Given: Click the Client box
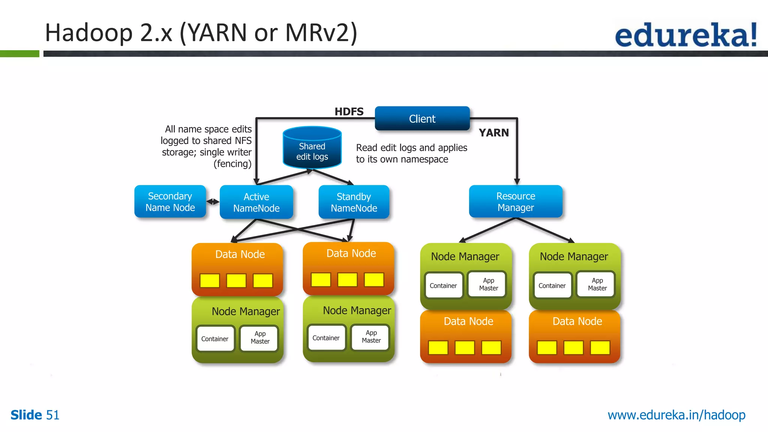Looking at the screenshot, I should pyautogui.click(x=422, y=118).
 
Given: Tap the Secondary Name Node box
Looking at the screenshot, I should pyautogui.click(x=170, y=202).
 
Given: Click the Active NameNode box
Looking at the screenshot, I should pyautogui.click(x=256, y=202).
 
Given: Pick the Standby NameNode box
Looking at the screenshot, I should pyautogui.click(x=354, y=202).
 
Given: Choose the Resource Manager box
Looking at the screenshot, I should pyautogui.click(x=516, y=202).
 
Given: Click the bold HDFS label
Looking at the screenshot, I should pyautogui.click(x=349, y=111).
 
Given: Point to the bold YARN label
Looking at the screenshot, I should pyautogui.click(x=493, y=133).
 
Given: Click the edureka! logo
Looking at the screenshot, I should pyautogui.click(x=685, y=34).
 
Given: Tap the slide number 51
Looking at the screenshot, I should pyautogui.click(x=52, y=415).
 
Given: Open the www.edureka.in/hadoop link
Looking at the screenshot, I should pyautogui.click(x=676, y=415).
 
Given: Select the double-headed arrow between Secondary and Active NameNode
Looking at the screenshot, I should pyautogui.click(x=213, y=202).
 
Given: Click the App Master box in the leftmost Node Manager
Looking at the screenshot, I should pyautogui.click(x=260, y=338).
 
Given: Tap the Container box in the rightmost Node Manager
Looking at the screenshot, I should pyautogui.click(x=552, y=286).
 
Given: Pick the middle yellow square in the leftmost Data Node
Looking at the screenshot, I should pyautogui.click(x=236, y=280).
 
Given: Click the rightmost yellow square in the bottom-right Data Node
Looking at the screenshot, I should pyautogui.click(x=600, y=348).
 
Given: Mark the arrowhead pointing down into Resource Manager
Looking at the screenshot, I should pyautogui.click(x=517, y=181).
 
